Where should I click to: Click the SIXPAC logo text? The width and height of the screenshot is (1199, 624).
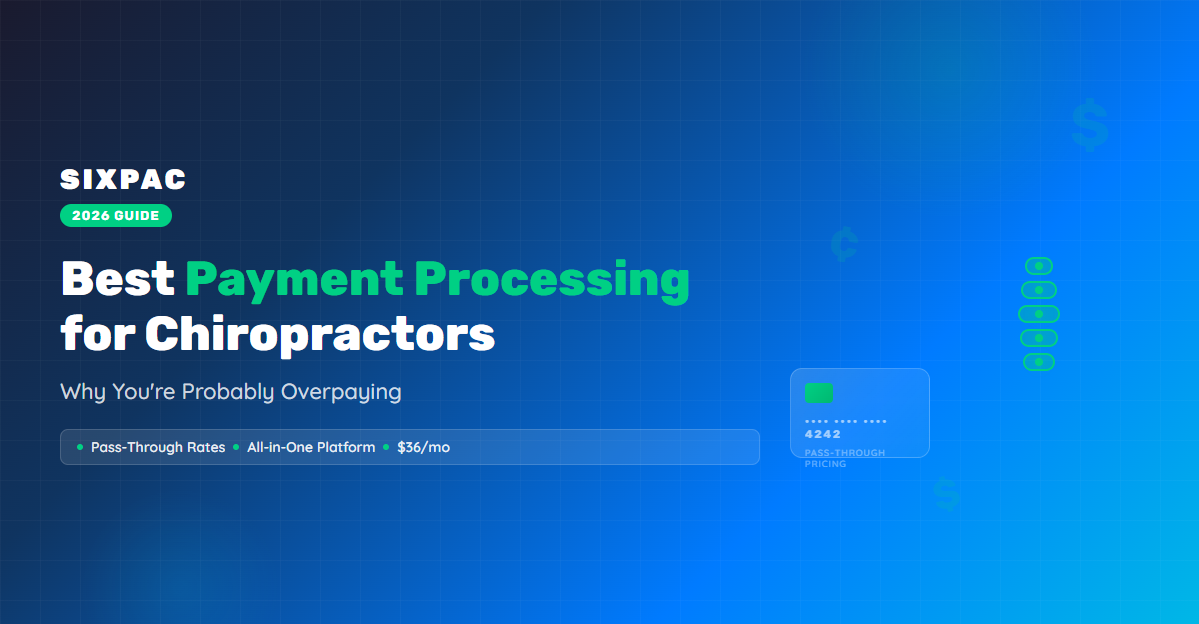pos(123,180)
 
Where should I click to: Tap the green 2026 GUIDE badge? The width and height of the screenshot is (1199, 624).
pos(116,216)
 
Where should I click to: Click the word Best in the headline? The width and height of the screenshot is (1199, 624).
pos(118,278)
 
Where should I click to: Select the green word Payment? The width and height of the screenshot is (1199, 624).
pos(294,281)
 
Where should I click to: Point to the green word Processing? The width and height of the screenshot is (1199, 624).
pos(552,281)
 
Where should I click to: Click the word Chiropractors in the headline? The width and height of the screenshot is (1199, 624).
pos(320,335)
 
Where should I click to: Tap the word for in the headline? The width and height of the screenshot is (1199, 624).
pos(98,335)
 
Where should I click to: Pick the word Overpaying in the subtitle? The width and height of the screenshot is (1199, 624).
pos(341,392)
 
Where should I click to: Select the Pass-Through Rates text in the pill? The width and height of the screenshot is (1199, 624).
pos(158,447)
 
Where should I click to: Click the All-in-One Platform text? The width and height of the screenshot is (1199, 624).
pos(311,447)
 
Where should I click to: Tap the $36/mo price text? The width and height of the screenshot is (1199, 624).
pos(424,447)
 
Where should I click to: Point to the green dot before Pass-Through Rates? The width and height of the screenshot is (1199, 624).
pos(80,447)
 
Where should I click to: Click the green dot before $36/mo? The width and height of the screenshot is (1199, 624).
pos(386,447)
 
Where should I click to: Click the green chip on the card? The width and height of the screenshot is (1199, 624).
pos(819,393)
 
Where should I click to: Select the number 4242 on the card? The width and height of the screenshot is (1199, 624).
pos(823,434)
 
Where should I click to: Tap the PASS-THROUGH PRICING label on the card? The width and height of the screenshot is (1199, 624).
pos(845,458)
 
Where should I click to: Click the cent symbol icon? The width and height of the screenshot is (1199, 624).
pos(844,244)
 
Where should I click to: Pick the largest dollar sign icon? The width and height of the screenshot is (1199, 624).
pos(1090,124)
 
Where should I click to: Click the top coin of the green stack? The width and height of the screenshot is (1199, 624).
pos(1039,266)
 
